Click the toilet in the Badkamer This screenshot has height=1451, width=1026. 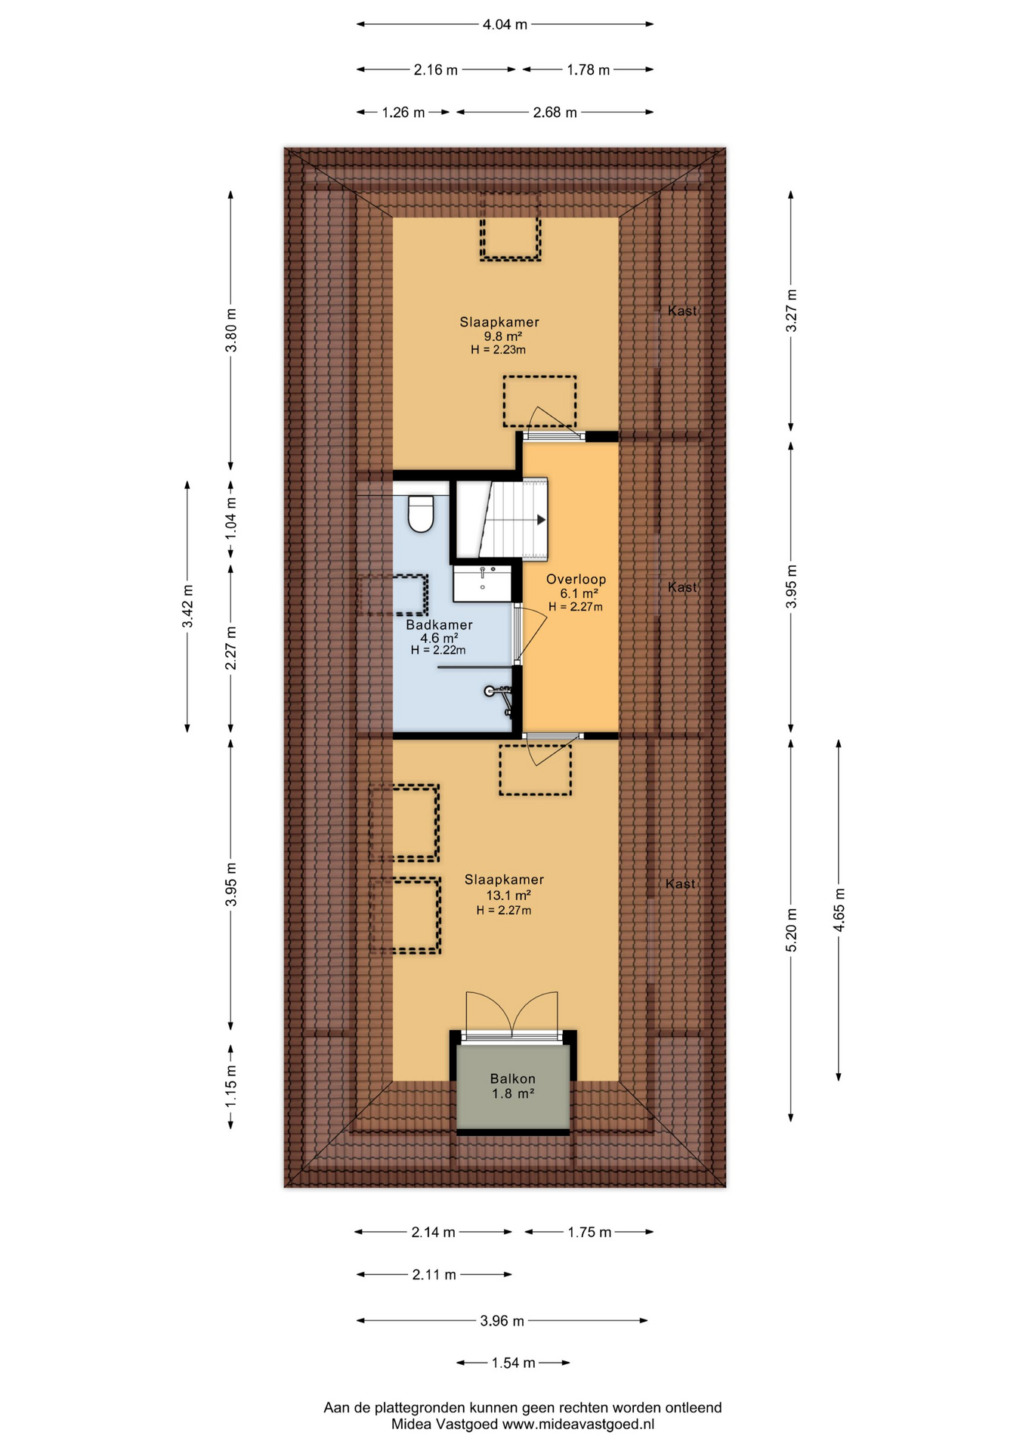tap(420, 514)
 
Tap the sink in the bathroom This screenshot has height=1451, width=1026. tap(483, 583)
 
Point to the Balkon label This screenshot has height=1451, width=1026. tap(513, 1079)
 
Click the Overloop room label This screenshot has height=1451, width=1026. tap(576, 580)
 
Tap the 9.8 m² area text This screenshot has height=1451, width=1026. tap(503, 336)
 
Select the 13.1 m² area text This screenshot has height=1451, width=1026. tap(508, 896)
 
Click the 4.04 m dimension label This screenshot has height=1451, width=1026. tap(505, 25)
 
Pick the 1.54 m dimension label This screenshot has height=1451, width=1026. tap(513, 1363)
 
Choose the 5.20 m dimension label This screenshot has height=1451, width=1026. tap(792, 929)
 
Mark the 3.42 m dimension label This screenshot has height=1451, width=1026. tap(188, 606)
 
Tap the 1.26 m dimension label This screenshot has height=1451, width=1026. tap(403, 113)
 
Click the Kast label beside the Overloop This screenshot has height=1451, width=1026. tap(682, 587)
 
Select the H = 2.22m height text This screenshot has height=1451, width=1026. tap(438, 650)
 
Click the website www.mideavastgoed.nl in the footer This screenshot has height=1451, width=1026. tap(578, 1425)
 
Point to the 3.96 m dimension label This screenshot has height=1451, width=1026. tap(502, 1321)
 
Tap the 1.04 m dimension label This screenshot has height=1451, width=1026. tap(231, 518)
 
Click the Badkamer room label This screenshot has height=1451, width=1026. tap(439, 625)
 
